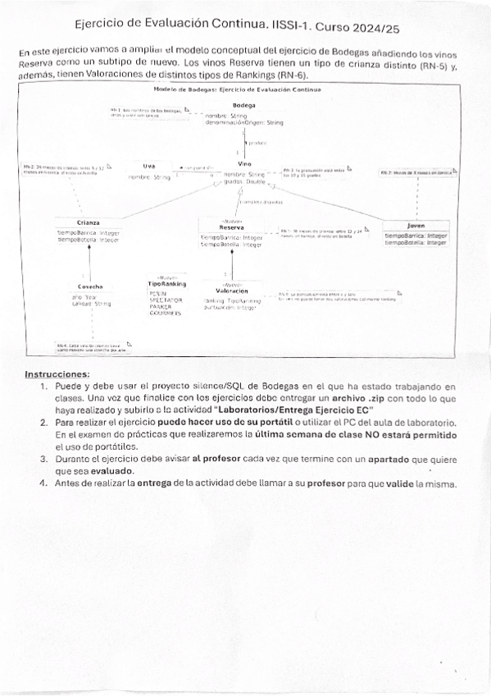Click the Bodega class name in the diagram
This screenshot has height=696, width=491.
[243, 106]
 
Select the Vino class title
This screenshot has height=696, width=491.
[244, 164]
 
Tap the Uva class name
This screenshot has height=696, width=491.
[148, 166]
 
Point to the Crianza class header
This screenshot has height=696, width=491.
[89, 222]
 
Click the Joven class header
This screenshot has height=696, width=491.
[416, 225]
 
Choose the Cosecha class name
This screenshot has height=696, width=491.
[90, 286]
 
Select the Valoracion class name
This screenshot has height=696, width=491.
[232, 291]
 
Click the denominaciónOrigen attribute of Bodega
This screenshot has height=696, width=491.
[244, 123]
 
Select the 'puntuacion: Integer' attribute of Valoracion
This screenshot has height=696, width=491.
[230, 307]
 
